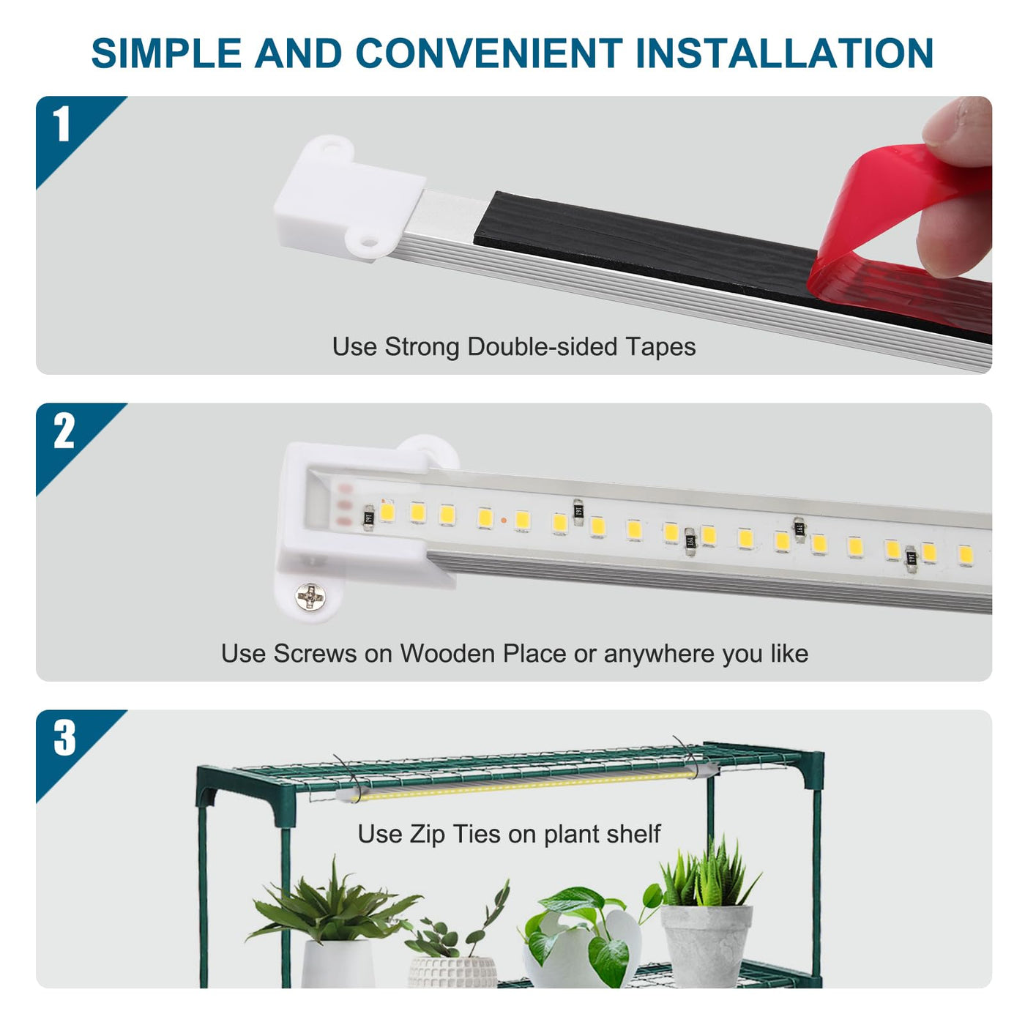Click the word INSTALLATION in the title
tap(785, 53)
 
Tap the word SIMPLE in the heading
tap(166, 53)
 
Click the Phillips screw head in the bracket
tap(310, 597)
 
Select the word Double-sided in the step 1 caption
tap(543, 346)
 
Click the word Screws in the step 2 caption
tap(315, 653)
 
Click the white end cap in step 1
tap(349, 199)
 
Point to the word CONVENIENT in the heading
tap(489, 53)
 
